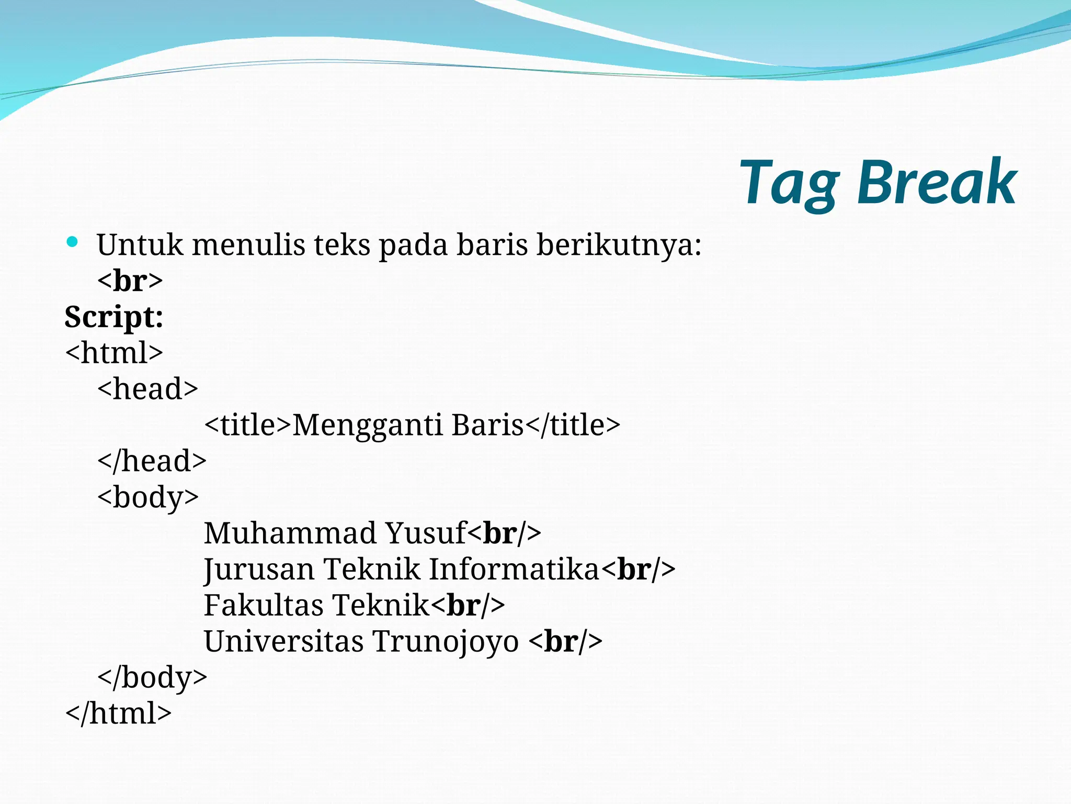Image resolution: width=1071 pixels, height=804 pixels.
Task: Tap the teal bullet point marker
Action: coord(73,242)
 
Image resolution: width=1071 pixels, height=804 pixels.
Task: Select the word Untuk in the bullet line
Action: coord(140,245)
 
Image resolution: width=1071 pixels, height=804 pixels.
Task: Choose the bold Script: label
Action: coord(114,317)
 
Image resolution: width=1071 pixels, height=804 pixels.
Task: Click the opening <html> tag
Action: coord(114,353)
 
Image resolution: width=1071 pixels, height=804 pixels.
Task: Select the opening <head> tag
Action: coord(148,389)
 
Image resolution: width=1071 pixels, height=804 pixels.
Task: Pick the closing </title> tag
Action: coord(573,425)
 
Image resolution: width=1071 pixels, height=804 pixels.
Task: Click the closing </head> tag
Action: coord(152,461)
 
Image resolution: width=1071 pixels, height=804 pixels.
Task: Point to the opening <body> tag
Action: coord(148,497)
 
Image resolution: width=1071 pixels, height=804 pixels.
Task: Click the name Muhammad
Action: coord(290,533)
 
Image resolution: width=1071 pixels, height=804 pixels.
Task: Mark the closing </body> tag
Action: coord(152,678)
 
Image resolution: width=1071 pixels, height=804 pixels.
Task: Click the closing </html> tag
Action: coord(118,713)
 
